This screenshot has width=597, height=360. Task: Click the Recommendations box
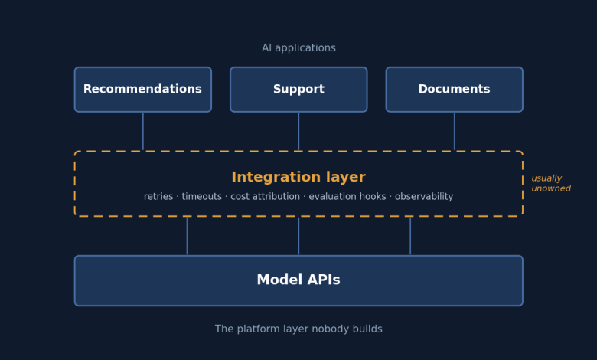143,90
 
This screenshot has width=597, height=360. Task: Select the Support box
298,90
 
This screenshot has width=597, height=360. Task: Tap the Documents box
454,90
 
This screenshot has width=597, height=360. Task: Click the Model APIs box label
298,280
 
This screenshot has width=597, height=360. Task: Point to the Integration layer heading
298,177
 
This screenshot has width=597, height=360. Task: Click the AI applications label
298,48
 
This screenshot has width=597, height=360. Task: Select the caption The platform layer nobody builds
298,329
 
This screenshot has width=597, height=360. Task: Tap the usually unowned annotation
551,183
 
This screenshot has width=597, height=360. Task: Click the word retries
158,197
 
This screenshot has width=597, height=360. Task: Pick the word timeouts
202,197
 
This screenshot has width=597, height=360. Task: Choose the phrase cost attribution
265,197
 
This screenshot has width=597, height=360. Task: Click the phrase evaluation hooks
347,197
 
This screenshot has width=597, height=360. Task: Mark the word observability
424,197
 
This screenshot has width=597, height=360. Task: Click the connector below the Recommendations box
143,132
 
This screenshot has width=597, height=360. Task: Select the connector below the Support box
298,132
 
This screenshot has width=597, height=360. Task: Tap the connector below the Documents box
454,132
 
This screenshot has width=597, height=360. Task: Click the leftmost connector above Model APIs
187,236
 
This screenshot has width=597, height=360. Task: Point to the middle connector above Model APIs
298,236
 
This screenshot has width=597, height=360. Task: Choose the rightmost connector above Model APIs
410,236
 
